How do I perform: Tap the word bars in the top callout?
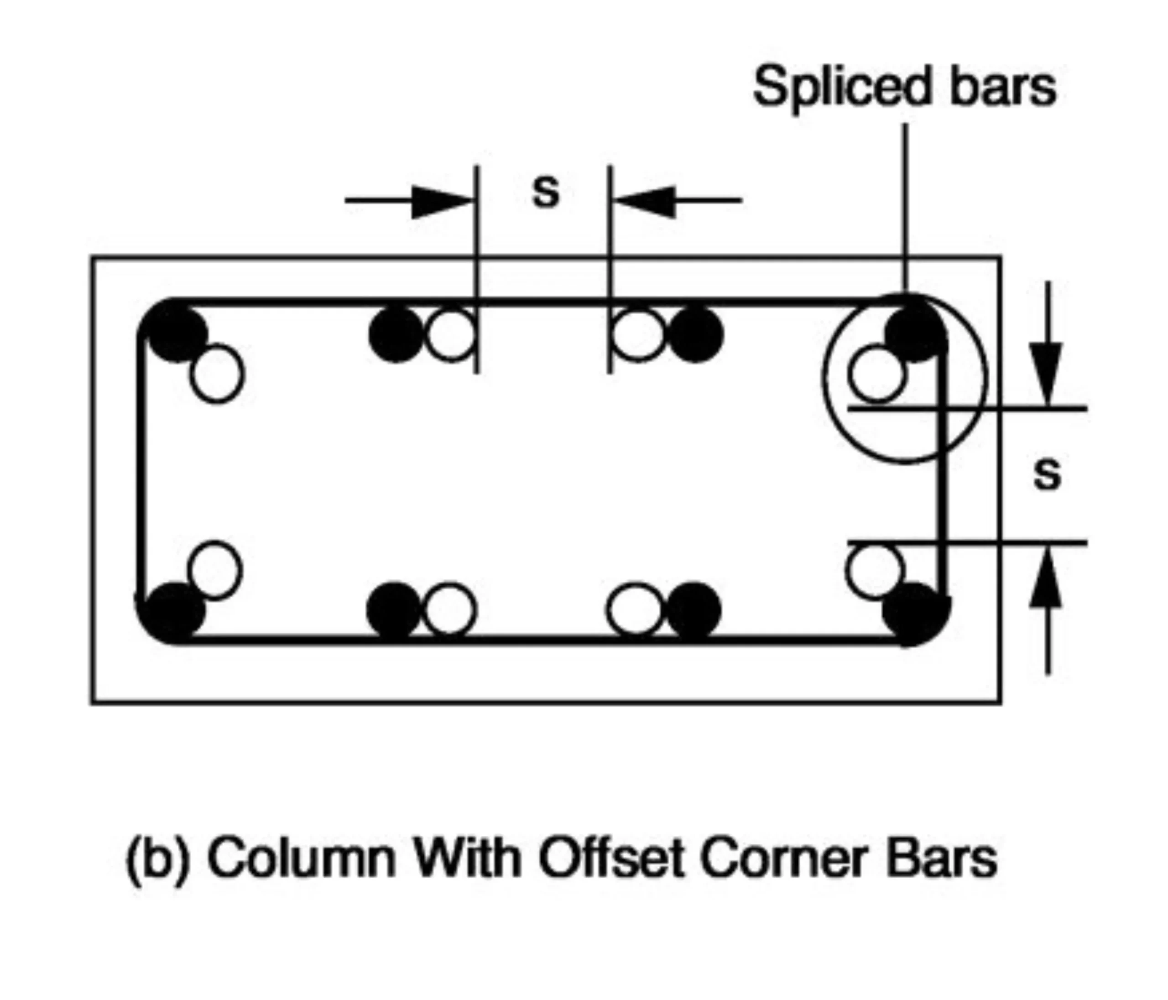point(1003,88)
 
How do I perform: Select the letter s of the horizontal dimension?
point(546,192)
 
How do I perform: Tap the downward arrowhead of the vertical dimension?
point(1047,372)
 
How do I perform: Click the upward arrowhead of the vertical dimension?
point(1047,581)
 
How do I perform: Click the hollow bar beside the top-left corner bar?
point(217,374)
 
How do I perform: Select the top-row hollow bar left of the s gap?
point(450,334)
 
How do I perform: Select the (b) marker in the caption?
point(156,859)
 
